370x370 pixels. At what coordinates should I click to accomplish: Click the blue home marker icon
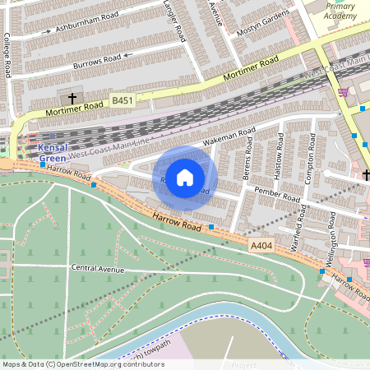(x=185, y=177)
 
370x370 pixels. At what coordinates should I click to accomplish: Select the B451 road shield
(x=122, y=100)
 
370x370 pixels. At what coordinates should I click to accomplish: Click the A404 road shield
(x=261, y=245)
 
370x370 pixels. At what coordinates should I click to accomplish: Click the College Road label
(x=7, y=55)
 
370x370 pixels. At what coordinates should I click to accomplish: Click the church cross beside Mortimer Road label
(x=72, y=99)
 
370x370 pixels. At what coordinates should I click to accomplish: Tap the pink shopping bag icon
(x=342, y=91)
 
